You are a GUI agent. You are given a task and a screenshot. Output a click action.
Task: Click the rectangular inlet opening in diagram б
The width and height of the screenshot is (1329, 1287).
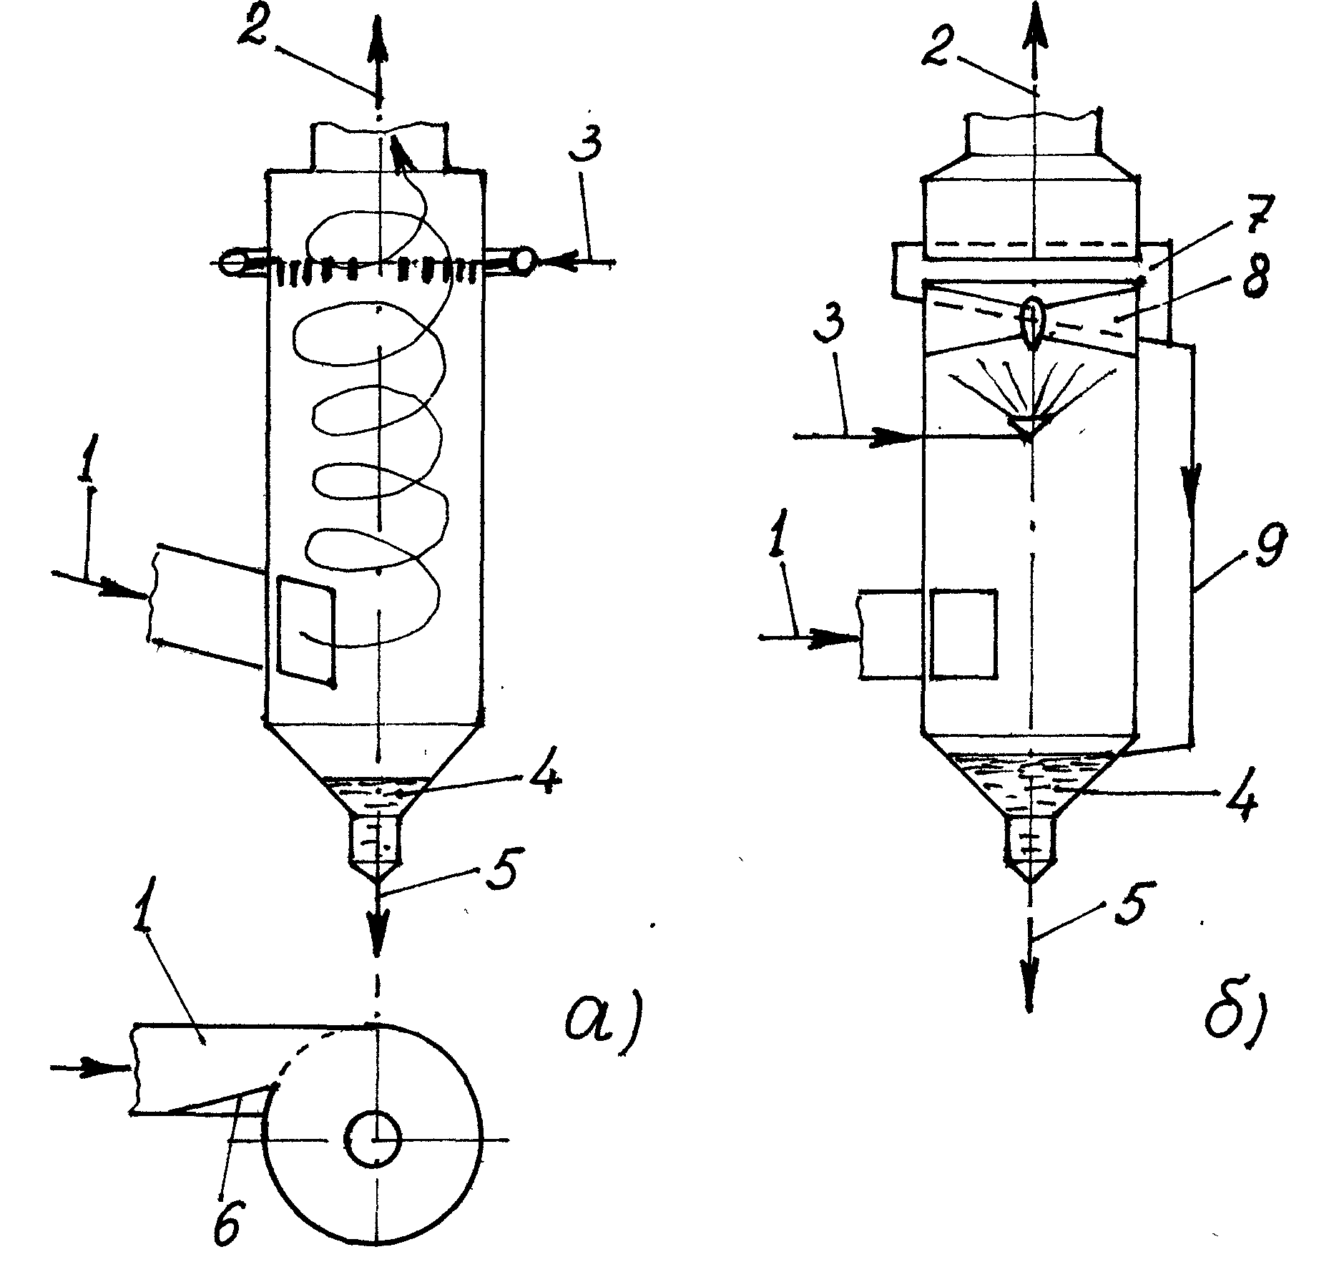(964, 633)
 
